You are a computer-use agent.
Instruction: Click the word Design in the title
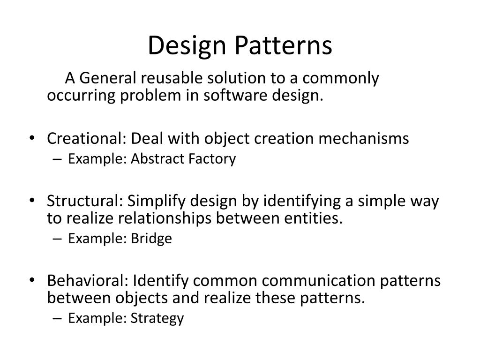point(187,46)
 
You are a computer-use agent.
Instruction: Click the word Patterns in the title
point(284,45)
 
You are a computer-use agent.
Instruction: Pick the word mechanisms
point(364,138)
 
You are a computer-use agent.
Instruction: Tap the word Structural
point(85,201)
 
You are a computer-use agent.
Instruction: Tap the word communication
point(319,281)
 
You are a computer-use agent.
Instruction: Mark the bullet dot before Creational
point(32,138)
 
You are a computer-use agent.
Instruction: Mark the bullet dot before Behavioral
point(32,280)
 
